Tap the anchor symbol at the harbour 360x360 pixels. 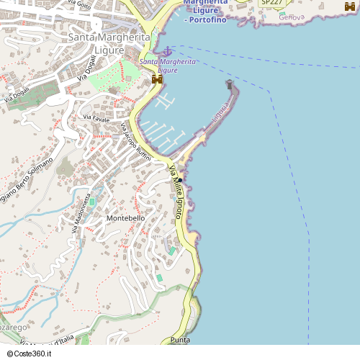click(x=167, y=51)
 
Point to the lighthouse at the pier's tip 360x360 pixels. click(x=230, y=85)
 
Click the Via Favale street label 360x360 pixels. click(x=97, y=117)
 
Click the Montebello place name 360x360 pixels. click(x=125, y=217)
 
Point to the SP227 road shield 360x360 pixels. click(x=271, y=3)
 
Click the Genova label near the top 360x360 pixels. click(x=292, y=16)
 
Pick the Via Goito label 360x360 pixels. click(x=80, y=5)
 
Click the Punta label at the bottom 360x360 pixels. click(x=180, y=339)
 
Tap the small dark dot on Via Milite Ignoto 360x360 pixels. click(x=181, y=179)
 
